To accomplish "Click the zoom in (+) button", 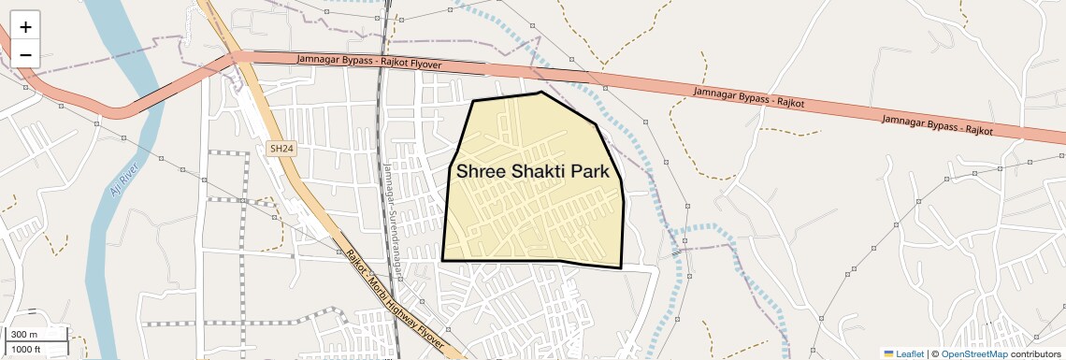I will (25, 26).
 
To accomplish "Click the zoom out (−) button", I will (25, 54).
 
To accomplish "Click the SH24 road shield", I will (281, 148).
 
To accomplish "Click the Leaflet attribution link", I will (910, 353).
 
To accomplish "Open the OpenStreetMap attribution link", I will (973, 353).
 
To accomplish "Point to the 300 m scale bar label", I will (24, 335).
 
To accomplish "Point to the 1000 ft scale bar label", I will (26, 349).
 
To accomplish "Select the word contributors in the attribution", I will (1035, 353).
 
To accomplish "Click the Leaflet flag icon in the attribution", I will (889, 353).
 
